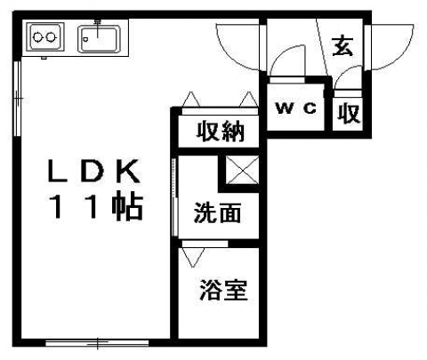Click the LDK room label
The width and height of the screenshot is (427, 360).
click(94, 172)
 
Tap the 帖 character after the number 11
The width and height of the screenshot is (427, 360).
click(128, 206)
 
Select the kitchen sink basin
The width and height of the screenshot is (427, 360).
click(99, 39)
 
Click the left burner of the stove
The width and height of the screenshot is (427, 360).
click(37, 37)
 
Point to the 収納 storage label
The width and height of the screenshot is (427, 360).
click(221, 131)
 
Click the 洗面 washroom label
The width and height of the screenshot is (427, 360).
click(217, 212)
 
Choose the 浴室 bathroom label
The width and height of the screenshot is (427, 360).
click(223, 290)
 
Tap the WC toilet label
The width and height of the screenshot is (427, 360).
click(295, 108)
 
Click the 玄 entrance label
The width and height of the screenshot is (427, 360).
click(342, 46)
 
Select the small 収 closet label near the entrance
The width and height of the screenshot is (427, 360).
click(350, 113)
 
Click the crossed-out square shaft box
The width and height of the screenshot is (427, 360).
click(242, 171)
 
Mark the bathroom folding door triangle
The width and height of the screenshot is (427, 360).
click(193, 257)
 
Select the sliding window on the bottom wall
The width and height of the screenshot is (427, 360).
click(97, 343)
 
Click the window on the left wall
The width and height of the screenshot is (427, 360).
click(18, 99)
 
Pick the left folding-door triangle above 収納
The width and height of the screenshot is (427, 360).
click(191, 100)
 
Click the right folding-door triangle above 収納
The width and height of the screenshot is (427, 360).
click(248, 100)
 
